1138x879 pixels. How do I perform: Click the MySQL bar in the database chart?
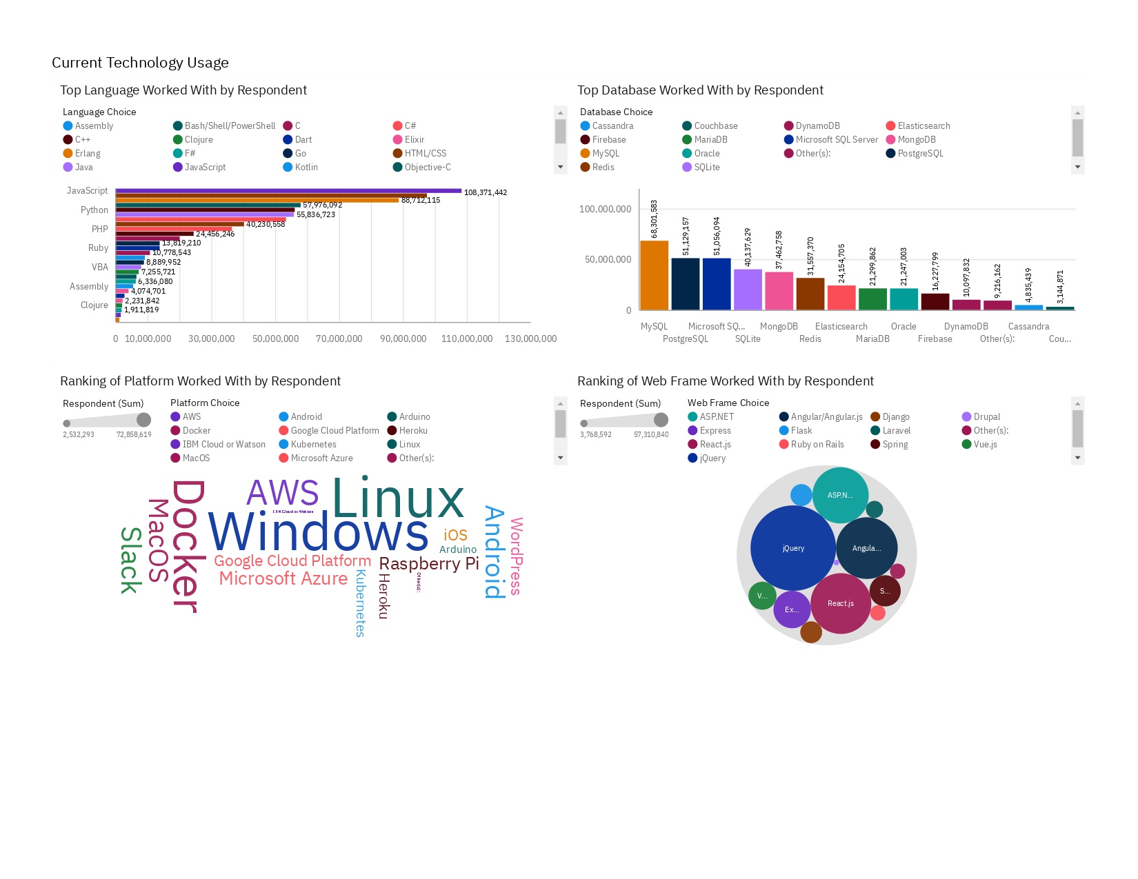[654, 275]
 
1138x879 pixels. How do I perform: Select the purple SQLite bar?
[748, 290]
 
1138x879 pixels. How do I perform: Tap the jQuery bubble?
[793, 548]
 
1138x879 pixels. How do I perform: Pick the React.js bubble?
[840, 603]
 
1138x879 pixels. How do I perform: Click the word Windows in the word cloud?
[319, 533]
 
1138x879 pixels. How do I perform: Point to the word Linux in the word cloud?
[398, 498]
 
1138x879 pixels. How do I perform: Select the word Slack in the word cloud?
[131, 560]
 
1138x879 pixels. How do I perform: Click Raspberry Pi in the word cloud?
[428, 564]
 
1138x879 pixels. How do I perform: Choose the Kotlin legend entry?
[306, 168]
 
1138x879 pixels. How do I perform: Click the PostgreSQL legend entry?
[920, 154]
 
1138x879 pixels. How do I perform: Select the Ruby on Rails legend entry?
[817, 445]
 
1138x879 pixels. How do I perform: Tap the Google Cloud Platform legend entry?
[335, 431]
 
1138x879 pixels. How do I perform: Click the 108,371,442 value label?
[486, 193]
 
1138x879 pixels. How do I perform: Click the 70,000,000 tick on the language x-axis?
[339, 339]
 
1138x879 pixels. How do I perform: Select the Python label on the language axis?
[94, 210]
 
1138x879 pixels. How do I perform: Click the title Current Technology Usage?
[140, 63]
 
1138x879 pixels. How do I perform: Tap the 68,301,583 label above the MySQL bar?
[654, 219]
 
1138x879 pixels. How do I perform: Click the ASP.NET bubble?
[840, 495]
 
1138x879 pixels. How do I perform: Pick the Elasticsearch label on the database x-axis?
[841, 327]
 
